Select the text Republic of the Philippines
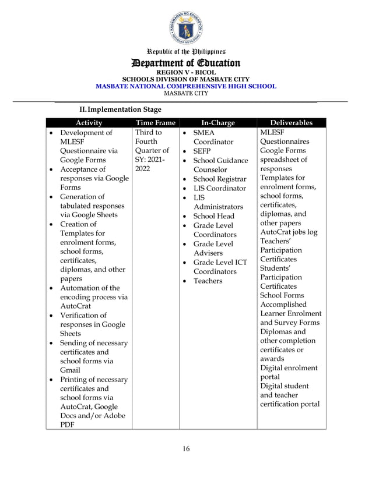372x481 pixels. pyautogui.click(x=185, y=52)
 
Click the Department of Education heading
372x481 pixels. pyautogui.click(x=185, y=63)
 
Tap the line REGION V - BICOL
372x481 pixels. pyautogui.click(x=185, y=72)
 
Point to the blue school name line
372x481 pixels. pyautogui.click(x=185, y=86)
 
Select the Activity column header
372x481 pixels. pyautogui.click(x=89, y=123)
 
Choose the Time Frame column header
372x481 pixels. pyautogui.click(x=155, y=123)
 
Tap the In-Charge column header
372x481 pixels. pyautogui.click(x=217, y=123)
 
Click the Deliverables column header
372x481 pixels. pyautogui.click(x=291, y=123)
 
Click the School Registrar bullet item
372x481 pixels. pyautogui.click(x=219, y=179)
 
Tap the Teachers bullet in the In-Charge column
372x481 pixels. pyautogui.click(x=208, y=281)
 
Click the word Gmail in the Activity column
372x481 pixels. pyautogui.click(x=71, y=370)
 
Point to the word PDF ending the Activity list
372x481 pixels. pyautogui.click(x=67, y=425)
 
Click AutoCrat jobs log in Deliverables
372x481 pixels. pyautogui.click(x=289, y=232)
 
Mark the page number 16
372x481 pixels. pyautogui.click(x=185, y=448)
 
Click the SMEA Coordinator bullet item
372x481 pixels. pyautogui.click(x=213, y=137)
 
